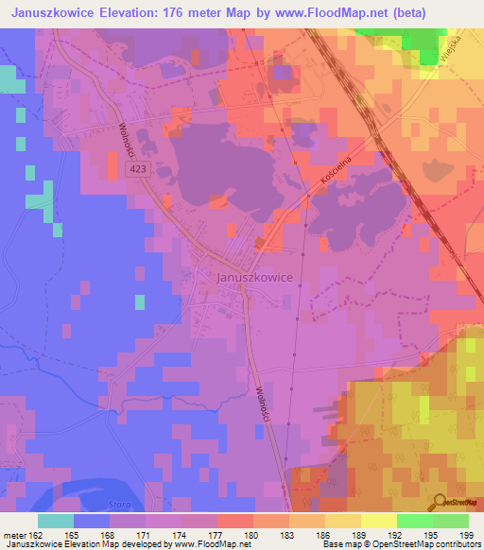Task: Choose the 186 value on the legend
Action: [x=324, y=534]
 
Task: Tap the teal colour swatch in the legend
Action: [x=56, y=521]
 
